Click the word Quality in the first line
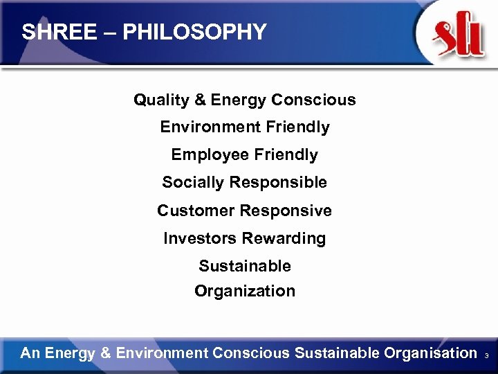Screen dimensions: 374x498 (x=161, y=100)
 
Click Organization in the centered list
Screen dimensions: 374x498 (x=245, y=292)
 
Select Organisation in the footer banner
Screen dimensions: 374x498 (x=431, y=353)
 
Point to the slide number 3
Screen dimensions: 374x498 (x=487, y=355)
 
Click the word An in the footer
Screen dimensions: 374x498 (x=30, y=353)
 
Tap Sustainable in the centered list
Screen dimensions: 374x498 (x=245, y=266)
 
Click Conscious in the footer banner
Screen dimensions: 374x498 (x=252, y=353)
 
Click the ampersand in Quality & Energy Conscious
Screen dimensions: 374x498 (x=201, y=100)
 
